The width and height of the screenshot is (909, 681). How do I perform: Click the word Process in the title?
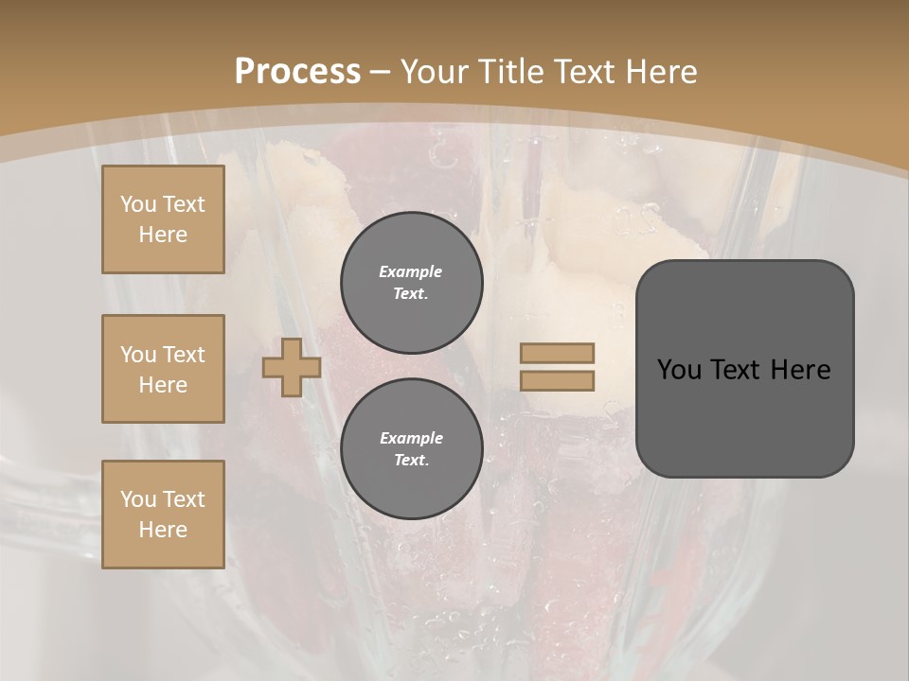click(297, 71)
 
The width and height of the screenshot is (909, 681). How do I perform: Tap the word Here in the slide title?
click(657, 71)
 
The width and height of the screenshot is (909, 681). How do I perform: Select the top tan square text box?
click(163, 219)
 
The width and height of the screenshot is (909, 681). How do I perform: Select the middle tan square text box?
click(163, 369)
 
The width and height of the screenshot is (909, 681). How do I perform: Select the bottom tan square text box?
click(163, 514)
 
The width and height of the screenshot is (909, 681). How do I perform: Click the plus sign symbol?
click(291, 367)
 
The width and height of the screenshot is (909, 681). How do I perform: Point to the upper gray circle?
click(411, 283)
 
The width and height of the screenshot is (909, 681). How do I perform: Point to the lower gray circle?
click(411, 449)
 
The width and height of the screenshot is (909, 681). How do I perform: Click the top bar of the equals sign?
click(557, 353)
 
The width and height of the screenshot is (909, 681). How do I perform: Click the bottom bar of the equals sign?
click(557, 380)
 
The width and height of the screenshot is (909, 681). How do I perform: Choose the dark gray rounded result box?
click(744, 369)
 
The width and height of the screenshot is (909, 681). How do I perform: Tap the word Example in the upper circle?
click(410, 271)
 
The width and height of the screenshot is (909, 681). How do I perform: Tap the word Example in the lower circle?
click(411, 438)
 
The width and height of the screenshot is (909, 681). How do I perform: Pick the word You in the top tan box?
click(137, 204)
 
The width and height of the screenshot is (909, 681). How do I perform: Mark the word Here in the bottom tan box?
click(163, 530)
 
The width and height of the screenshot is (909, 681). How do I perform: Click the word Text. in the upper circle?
click(411, 294)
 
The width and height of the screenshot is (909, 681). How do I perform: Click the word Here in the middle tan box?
click(163, 385)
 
